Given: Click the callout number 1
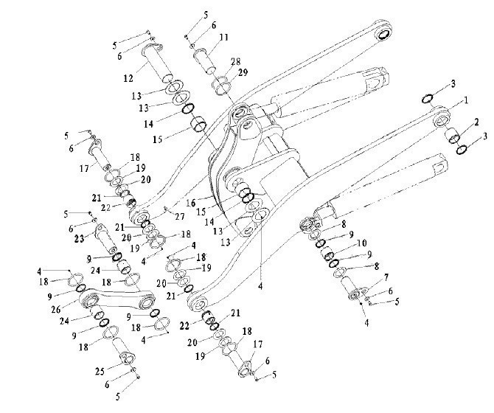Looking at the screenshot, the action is [x=466, y=100].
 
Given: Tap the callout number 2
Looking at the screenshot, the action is [x=476, y=122].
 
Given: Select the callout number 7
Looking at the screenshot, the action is [x=386, y=277].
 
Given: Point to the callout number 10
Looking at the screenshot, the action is [x=362, y=243].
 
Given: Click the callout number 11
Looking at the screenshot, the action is [x=223, y=37].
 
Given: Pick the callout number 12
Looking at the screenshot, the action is [x=128, y=78].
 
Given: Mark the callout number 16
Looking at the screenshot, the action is [x=191, y=203].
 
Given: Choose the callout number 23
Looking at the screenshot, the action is [x=80, y=239].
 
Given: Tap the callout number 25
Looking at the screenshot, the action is [x=100, y=372].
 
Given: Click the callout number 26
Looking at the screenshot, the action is [x=56, y=310].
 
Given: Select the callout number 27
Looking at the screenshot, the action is [x=180, y=217].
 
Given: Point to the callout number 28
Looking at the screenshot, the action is [x=236, y=61].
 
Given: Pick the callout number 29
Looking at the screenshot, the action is [x=243, y=72].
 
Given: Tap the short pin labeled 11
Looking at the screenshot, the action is [x=203, y=60].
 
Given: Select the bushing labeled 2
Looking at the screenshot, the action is [x=452, y=136].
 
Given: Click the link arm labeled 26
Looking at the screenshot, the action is [x=117, y=299].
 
